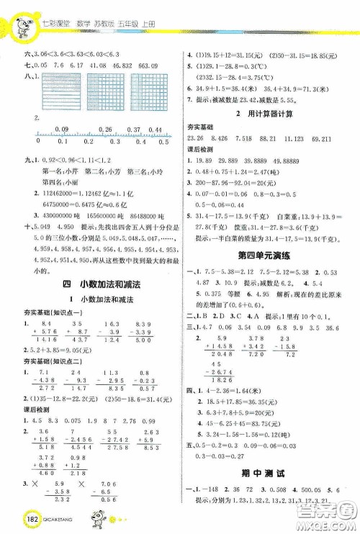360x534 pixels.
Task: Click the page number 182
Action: click(x=19, y=520)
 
